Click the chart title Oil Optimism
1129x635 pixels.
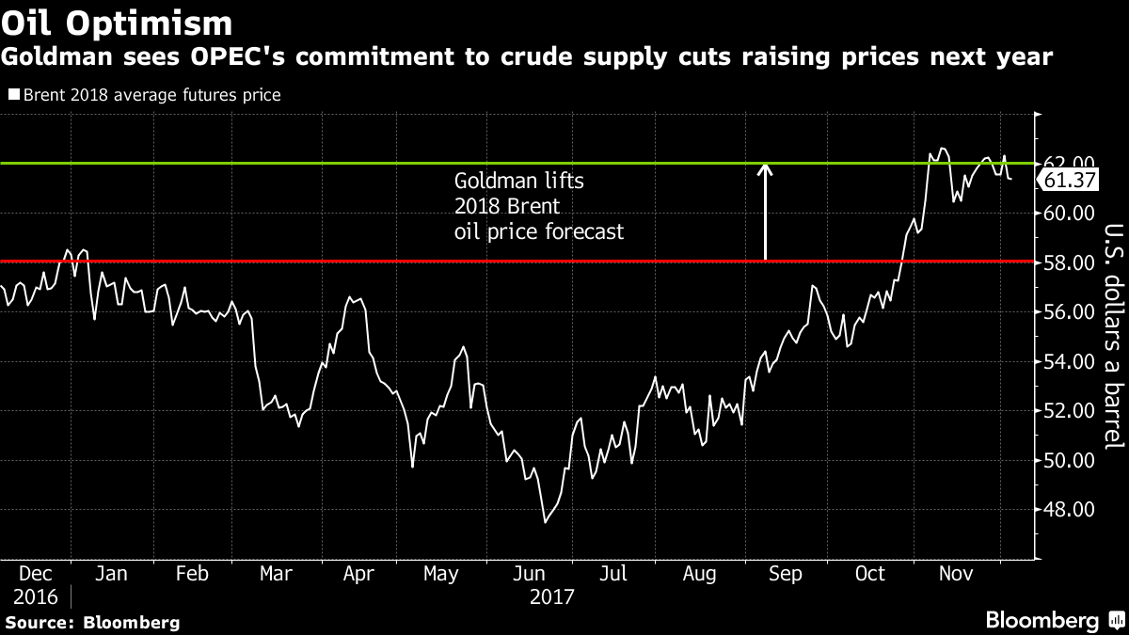118,21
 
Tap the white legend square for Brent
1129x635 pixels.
13,95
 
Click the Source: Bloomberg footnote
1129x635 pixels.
91,622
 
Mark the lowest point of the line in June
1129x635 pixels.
545,521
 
